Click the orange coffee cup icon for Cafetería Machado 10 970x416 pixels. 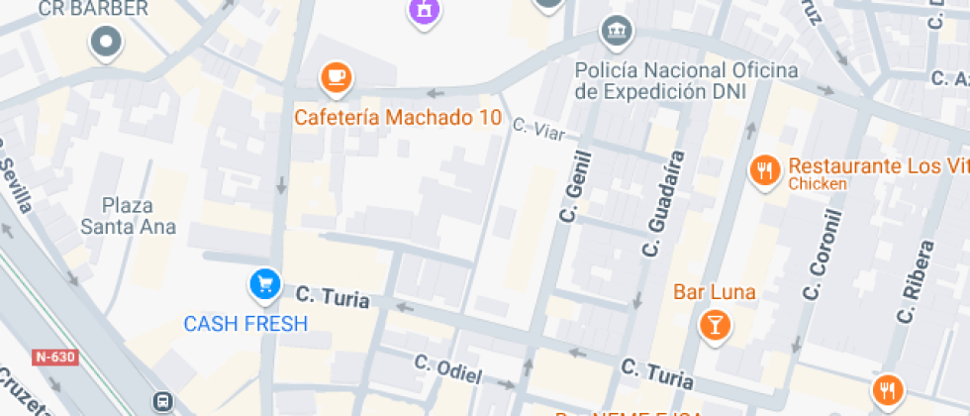(x=337, y=76)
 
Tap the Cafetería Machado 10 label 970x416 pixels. (x=398, y=118)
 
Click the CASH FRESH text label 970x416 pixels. (x=245, y=324)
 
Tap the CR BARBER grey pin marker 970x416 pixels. (x=105, y=42)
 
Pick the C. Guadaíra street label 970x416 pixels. (x=664, y=203)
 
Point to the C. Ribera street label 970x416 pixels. (x=916, y=281)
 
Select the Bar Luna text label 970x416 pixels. (x=714, y=292)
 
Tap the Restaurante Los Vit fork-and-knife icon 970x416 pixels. (x=763, y=170)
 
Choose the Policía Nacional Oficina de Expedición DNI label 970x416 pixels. (x=686, y=80)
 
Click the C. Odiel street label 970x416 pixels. (x=448, y=369)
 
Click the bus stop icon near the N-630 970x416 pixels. (x=161, y=401)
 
